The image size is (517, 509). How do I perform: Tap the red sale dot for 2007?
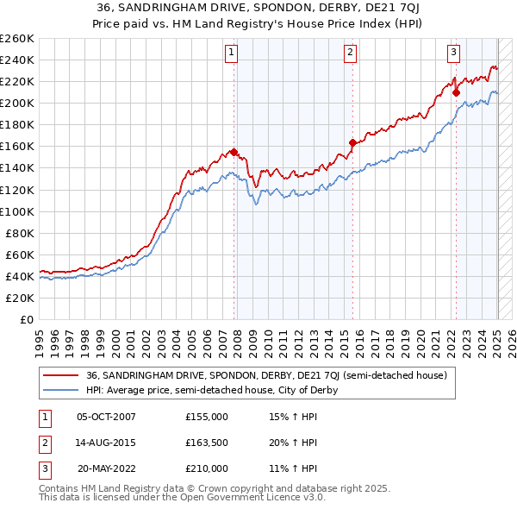pos(234,152)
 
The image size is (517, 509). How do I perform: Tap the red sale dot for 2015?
pos(352,142)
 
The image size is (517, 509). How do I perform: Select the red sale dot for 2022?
pos(456,92)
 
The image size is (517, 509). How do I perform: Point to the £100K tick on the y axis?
pos(16,211)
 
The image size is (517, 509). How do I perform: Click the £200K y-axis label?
pos(16,103)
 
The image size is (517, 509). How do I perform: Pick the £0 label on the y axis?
pos(25,319)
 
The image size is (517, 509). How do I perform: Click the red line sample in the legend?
pos(60,376)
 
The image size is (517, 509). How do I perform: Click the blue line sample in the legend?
pos(60,390)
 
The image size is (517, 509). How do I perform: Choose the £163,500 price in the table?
pos(207,443)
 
